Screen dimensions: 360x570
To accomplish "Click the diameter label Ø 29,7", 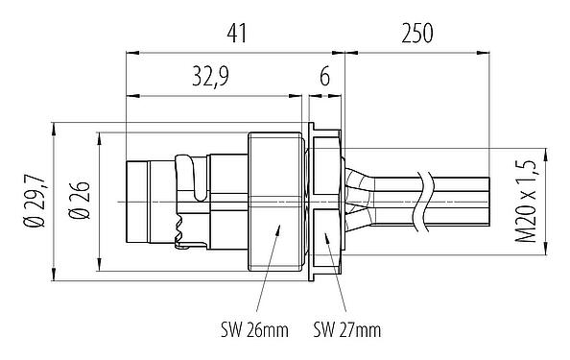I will tap(37, 202).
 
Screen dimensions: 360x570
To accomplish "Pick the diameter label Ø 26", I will tap(81, 202).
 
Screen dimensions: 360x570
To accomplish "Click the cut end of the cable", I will tap(489, 201).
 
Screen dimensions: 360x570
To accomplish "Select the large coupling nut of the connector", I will tap(275, 202).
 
